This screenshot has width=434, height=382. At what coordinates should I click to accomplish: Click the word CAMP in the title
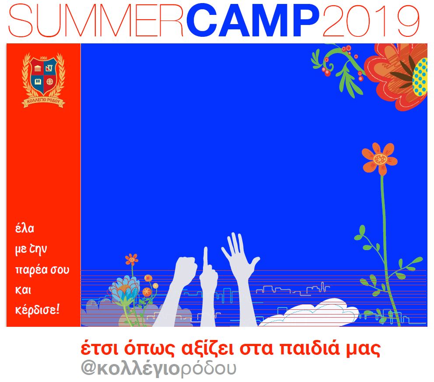tap(253, 20)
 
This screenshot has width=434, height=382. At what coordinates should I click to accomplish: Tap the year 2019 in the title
tap(371, 21)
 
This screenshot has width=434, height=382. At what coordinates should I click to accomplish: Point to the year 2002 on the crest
tap(43, 58)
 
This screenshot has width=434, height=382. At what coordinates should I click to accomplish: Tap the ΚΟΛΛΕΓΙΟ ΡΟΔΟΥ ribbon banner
tap(43, 102)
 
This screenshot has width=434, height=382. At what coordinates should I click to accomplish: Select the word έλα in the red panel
tap(24, 228)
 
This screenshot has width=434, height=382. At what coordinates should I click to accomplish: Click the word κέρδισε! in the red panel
tap(37, 309)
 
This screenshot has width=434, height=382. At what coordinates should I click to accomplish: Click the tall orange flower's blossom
tap(379, 159)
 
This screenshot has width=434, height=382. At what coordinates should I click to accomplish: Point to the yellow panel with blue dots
tap(420, 77)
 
